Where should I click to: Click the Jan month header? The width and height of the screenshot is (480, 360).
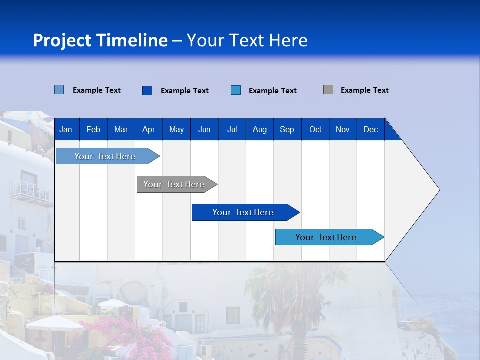66,129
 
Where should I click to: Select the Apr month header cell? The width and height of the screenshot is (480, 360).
148,129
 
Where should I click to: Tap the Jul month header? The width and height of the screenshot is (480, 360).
232,129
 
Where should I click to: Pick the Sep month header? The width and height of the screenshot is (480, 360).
287,129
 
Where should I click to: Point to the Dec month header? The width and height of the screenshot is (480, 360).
370,129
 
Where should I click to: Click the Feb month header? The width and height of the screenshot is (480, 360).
93,129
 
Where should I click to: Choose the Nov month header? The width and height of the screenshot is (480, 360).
342,129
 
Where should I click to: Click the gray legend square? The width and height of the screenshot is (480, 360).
328,90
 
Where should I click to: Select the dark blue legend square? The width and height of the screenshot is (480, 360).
147,90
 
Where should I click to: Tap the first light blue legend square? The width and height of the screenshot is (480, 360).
59,90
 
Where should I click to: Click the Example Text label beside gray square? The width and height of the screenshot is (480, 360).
364,90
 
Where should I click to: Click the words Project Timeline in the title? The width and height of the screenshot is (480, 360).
100,40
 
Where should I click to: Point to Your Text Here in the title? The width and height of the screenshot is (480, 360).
247,40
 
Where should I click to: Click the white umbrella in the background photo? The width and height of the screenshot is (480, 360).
55,323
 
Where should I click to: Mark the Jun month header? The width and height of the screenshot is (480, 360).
204,129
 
